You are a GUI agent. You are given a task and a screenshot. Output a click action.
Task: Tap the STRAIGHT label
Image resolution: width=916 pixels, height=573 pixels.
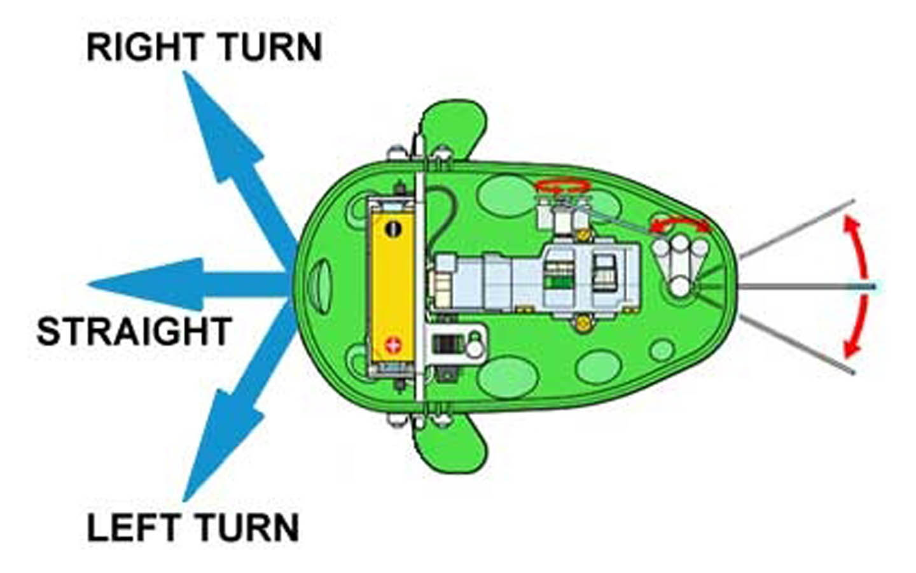135,331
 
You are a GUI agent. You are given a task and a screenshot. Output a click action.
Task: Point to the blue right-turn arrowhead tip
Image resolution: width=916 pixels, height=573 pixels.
184,71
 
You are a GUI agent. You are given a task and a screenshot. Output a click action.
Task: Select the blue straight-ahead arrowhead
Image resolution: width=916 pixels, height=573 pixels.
146,284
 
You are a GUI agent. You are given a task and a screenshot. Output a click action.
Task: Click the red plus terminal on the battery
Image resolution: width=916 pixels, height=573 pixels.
393,345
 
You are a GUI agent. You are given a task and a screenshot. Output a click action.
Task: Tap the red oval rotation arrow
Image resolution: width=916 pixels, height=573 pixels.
564,187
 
